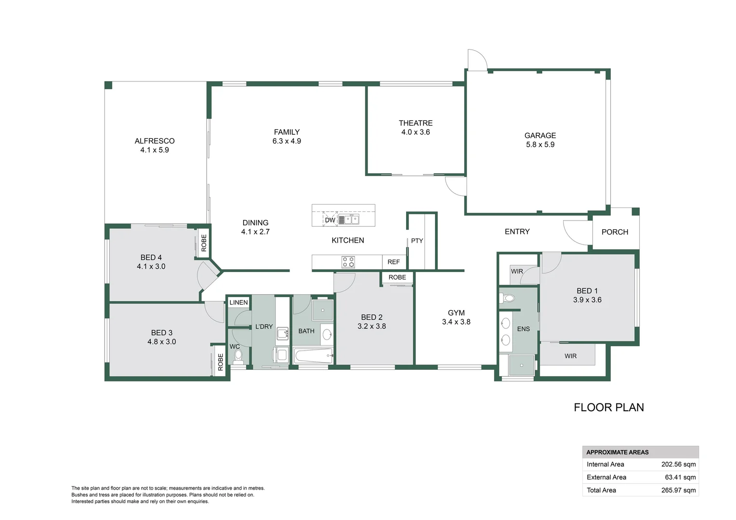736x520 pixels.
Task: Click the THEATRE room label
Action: click(416, 123)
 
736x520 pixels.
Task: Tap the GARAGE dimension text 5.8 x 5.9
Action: click(540, 144)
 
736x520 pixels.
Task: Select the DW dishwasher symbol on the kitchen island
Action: click(330, 220)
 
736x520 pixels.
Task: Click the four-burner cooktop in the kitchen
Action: click(348, 262)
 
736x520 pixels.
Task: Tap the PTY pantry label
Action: click(417, 241)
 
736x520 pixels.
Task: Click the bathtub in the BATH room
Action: click(314, 356)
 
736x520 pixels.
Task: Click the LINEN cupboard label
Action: click(238, 302)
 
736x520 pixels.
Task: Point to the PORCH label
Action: click(615, 232)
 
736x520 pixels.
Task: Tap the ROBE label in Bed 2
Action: click(397, 277)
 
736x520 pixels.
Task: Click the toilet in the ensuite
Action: click(507, 298)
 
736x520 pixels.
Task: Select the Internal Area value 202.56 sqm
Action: click(679, 465)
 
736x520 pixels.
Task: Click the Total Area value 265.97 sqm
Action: click(679, 491)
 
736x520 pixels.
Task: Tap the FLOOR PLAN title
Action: click(609, 407)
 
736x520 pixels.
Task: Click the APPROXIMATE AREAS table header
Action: click(618, 452)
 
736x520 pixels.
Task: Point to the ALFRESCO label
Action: click(155, 141)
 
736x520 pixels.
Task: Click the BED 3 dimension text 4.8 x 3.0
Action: click(162, 342)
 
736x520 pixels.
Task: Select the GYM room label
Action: click(456, 313)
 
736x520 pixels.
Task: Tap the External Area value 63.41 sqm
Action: click(681, 477)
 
